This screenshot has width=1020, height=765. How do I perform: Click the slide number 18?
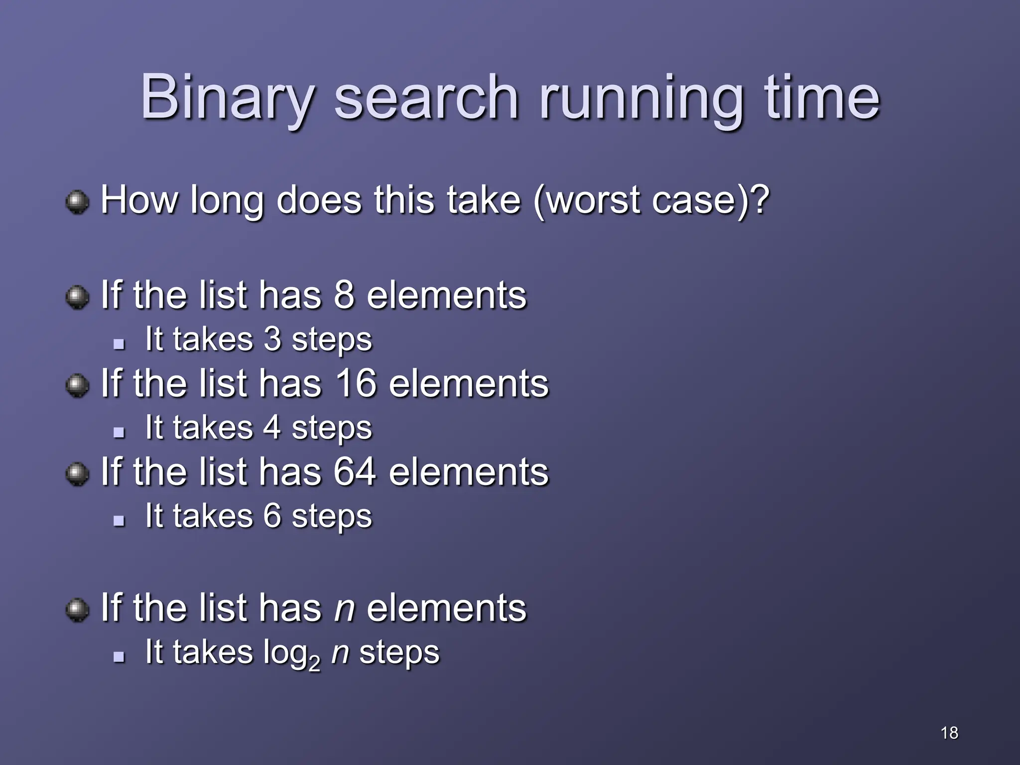click(x=949, y=733)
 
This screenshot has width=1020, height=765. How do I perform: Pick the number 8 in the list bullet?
click(x=344, y=295)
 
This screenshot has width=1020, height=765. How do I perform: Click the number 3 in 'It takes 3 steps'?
click(x=272, y=339)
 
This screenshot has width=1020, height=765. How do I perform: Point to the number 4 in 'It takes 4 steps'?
click(x=272, y=427)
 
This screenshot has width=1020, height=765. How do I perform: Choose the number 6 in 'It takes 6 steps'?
click(x=272, y=515)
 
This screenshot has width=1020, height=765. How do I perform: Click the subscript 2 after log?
click(x=314, y=663)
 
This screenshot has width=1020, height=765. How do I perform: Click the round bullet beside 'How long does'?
click(x=77, y=202)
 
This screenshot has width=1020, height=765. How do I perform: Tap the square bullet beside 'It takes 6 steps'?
click(x=119, y=521)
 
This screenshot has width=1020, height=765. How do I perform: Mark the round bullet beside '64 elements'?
click(x=77, y=474)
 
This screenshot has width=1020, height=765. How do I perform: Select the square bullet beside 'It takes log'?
click(x=119, y=657)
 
